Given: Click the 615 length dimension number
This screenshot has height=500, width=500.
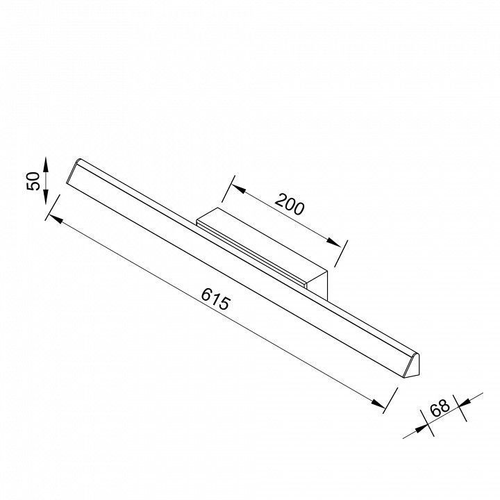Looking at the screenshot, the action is pyautogui.click(x=215, y=299).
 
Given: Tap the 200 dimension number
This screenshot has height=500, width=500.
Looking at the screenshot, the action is pyautogui.click(x=290, y=204).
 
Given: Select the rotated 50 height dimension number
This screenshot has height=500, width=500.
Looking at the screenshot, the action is pyautogui.click(x=33, y=181).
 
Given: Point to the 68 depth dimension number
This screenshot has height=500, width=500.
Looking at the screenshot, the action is pyautogui.click(x=440, y=408).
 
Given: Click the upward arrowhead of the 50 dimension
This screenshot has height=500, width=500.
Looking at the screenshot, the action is pyautogui.click(x=46, y=165).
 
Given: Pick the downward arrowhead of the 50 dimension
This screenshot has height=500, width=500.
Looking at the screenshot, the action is pyautogui.click(x=46, y=197).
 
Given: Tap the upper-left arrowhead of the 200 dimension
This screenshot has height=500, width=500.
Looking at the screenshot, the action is pyautogui.click(x=238, y=188).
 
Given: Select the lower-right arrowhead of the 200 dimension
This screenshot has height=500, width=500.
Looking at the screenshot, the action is pyautogui.click(x=333, y=242).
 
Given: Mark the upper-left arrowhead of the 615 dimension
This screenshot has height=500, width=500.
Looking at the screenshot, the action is pyautogui.click(x=56, y=219).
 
